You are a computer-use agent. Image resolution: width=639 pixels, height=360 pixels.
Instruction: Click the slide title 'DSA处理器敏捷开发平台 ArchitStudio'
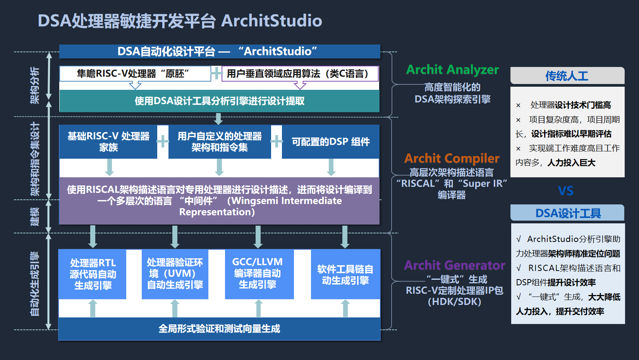click(180, 21)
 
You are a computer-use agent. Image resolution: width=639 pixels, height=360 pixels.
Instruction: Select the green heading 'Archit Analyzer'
click(452, 70)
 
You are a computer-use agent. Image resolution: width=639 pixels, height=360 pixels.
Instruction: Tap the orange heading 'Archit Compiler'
click(452, 158)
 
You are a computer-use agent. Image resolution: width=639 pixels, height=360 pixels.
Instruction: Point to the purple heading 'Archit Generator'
click(455, 265)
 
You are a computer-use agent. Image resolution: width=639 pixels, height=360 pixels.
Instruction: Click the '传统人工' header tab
click(567, 76)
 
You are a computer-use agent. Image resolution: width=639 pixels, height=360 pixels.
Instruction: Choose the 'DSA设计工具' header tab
click(568, 213)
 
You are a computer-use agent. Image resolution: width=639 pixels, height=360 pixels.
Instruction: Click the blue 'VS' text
click(566, 191)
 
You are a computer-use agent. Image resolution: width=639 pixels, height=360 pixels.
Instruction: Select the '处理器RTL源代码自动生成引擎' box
click(93, 274)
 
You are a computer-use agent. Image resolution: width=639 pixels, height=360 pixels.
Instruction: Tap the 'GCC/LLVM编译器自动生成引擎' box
click(258, 273)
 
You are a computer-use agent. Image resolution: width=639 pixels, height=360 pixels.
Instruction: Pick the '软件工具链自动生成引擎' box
click(345, 274)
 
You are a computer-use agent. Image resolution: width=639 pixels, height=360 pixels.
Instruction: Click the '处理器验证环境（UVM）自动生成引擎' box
click(175, 274)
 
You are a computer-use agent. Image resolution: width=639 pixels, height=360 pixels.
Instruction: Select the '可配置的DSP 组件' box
click(330, 142)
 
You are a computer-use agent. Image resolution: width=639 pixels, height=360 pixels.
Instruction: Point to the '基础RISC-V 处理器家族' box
click(108, 142)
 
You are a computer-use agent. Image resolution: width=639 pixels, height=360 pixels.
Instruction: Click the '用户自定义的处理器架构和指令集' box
click(220, 142)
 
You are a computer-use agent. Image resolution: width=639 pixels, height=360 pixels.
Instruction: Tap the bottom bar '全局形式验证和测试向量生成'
click(219, 329)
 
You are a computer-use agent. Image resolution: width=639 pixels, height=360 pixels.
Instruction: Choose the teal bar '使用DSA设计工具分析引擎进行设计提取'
click(219, 101)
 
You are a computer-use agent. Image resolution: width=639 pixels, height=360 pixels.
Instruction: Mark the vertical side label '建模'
click(35, 216)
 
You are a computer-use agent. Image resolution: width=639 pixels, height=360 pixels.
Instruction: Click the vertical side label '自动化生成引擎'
click(35, 283)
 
